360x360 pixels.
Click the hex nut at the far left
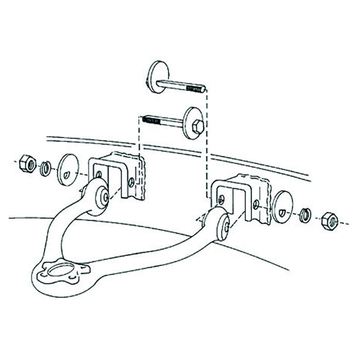pos(27,163)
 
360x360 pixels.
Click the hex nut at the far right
pos(330,221)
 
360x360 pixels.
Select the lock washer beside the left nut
pos(45,168)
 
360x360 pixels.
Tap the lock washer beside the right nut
pos(305,215)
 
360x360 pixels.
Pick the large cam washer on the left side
pos(68,169)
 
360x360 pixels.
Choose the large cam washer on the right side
pos(282,207)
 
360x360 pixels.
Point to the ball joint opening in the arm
pos(61,270)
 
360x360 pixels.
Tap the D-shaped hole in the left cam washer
pos(66,174)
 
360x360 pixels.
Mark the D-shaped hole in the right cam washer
pos(282,213)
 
